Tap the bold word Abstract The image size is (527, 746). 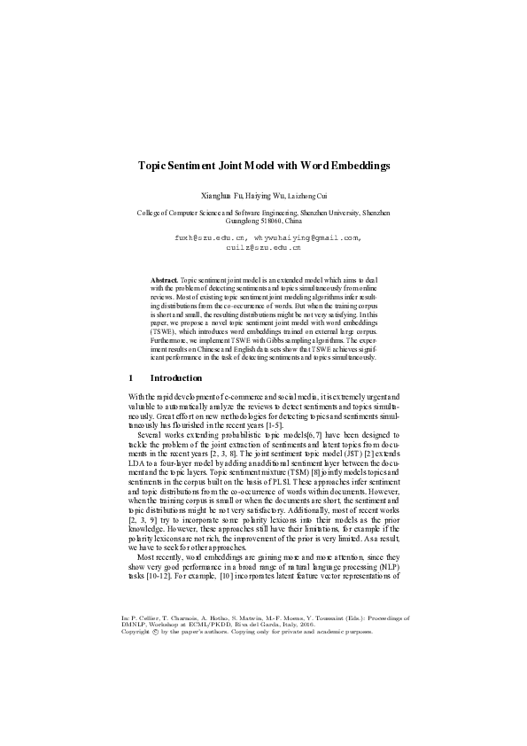pos(165,279)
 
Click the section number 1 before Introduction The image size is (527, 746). pos(131,378)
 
